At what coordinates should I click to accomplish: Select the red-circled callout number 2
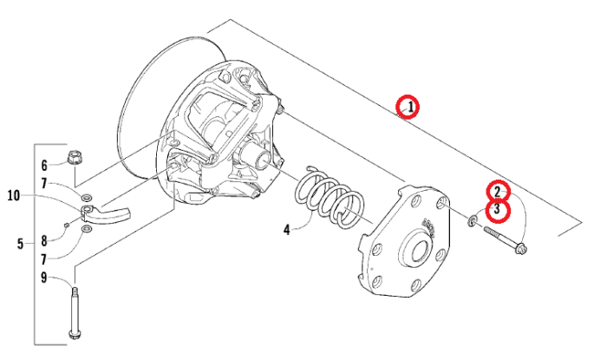click(498, 192)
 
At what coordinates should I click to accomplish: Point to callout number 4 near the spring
click(286, 230)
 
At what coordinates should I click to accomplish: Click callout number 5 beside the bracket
click(20, 244)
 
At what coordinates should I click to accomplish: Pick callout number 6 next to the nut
click(44, 166)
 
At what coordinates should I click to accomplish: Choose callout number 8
click(44, 241)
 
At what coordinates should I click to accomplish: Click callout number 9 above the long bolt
click(43, 278)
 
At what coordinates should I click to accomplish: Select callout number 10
click(14, 196)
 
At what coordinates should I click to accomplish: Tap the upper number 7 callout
click(44, 184)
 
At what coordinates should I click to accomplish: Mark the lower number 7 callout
click(44, 259)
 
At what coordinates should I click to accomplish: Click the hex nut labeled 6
click(74, 158)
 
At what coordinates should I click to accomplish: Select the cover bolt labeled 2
click(505, 240)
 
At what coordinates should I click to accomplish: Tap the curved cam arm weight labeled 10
click(106, 213)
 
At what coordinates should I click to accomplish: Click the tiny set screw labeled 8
click(66, 224)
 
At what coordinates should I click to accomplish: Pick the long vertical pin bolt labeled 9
click(74, 313)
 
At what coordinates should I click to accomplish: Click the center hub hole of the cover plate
click(418, 251)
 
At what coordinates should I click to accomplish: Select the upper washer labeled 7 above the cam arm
click(87, 197)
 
